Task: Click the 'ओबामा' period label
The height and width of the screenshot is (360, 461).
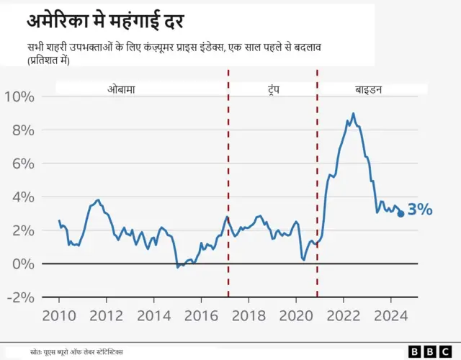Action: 122,89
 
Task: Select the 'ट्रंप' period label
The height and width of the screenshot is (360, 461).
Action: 272,89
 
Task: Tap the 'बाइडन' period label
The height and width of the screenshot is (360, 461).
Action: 368,89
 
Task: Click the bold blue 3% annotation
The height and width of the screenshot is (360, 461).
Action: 420,210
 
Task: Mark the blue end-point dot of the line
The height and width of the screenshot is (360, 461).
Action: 400,213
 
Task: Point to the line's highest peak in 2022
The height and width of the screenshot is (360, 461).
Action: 353,113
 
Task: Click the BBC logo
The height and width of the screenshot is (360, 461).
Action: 424,351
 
